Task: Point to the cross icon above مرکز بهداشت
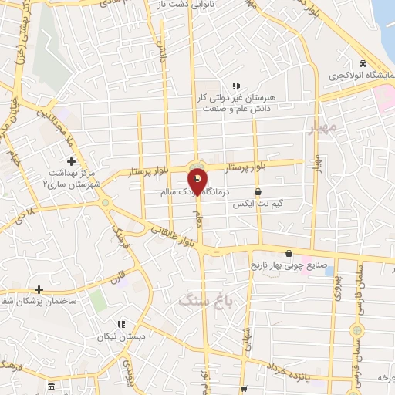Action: [x=72, y=161]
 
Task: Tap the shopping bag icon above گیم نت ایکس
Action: [x=258, y=192]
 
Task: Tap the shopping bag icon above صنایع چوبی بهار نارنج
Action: [x=289, y=253]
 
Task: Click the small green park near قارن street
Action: [x=98, y=300]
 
